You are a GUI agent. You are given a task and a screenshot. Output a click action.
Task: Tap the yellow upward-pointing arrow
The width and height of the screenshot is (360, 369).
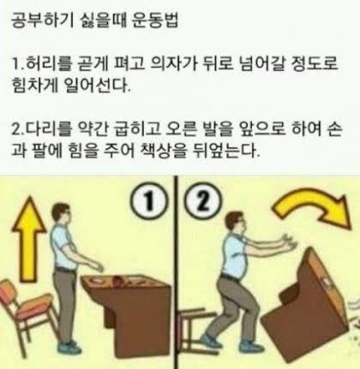28,238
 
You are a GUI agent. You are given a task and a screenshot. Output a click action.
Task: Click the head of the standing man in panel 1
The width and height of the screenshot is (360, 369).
61,213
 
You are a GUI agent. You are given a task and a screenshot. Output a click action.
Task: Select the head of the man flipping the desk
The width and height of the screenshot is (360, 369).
236,223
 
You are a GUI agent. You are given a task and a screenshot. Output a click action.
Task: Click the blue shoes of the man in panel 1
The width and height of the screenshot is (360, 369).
69,348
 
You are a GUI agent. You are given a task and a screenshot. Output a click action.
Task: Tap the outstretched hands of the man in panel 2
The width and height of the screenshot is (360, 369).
290,242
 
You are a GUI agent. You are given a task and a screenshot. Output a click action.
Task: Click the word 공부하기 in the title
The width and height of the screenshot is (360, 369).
40,21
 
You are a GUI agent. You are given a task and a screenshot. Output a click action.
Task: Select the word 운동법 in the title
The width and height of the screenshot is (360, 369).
155,21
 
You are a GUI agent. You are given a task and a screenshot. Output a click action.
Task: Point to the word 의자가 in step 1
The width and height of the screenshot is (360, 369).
173,63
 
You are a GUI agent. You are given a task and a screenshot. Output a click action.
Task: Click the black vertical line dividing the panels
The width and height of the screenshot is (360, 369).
176,272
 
